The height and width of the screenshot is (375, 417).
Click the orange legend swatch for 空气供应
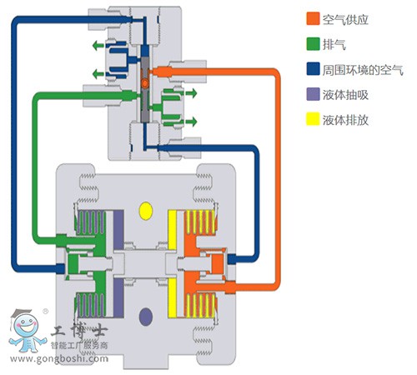[x=313, y=19]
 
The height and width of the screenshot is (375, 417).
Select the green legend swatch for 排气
[x=313, y=44]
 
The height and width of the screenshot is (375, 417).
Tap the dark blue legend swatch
[x=313, y=69]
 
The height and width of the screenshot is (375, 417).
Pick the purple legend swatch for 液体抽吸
[x=313, y=94]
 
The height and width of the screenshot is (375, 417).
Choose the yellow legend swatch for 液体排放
[x=313, y=119]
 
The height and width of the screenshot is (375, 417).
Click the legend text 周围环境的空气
[x=363, y=69]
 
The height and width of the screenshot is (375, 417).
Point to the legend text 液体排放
[x=345, y=120]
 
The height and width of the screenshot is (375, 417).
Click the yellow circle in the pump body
[x=145, y=211]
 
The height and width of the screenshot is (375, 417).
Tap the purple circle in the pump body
[x=145, y=317]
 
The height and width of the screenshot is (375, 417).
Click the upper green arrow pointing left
[x=98, y=45]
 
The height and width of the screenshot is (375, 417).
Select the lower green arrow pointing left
[x=98, y=74]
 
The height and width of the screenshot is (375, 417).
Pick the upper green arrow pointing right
[x=191, y=93]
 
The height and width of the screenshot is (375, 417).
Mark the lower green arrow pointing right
[x=191, y=122]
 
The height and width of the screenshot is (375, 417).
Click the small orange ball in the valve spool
[x=145, y=82]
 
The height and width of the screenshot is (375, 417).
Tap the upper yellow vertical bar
[x=173, y=230]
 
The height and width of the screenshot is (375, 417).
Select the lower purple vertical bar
[x=118, y=297]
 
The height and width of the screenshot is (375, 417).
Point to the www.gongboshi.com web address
[x=59, y=359]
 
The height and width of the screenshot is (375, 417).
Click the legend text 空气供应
[x=345, y=19]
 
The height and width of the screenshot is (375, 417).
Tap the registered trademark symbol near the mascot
[x=45, y=312]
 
